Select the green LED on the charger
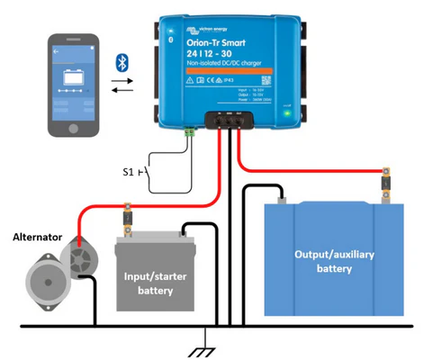287,113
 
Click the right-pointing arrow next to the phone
122,81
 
